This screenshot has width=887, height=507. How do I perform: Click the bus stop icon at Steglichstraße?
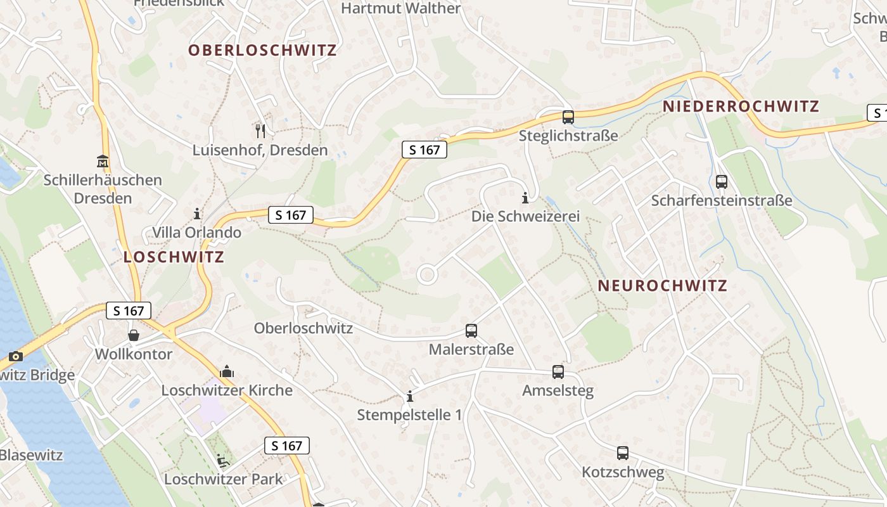click(x=568, y=117)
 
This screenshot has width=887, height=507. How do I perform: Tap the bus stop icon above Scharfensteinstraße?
click(x=721, y=182)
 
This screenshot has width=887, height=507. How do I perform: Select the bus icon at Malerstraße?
click(x=471, y=331)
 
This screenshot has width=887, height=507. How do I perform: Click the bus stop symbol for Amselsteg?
click(x=558, y=372)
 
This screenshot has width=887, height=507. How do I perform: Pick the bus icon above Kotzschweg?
click(x=623, y=453)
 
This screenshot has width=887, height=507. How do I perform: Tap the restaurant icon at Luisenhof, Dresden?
click(x=260, y=131)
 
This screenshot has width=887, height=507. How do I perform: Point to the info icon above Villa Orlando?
click(x=197, y=214)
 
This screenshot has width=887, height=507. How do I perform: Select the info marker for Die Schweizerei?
click(x=525, y=198)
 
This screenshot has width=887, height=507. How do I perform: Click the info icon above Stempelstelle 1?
click(x=410, y=397)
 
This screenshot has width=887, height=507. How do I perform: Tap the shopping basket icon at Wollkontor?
click(x=134, y=335)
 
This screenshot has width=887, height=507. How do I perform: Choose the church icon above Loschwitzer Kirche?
click(x=226, y=371)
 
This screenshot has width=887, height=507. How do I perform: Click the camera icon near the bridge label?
click(x=16, y=357)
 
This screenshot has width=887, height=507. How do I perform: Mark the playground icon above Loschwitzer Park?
click(x=223, y=460)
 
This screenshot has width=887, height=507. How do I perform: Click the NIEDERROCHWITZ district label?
click(x=741, y=106)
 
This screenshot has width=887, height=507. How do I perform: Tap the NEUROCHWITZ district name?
click(x=662, y=286)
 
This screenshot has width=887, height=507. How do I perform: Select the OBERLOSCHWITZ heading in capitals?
click(x=262, y=50)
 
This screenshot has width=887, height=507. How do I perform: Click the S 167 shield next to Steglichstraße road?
click(x=424, y=150)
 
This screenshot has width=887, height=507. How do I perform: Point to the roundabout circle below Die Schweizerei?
click(x=427, y=275)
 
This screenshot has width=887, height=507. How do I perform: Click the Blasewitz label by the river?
click(x=30, y=455)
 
